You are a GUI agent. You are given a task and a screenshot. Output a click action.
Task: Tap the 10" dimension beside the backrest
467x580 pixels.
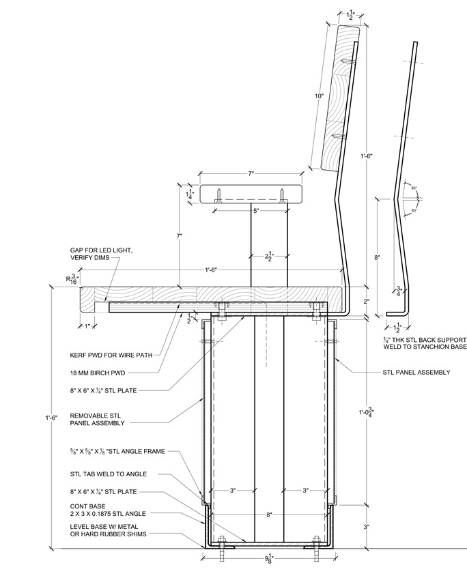tap(318, 96)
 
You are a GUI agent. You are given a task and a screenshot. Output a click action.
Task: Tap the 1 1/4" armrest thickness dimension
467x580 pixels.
tap(190, 194)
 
